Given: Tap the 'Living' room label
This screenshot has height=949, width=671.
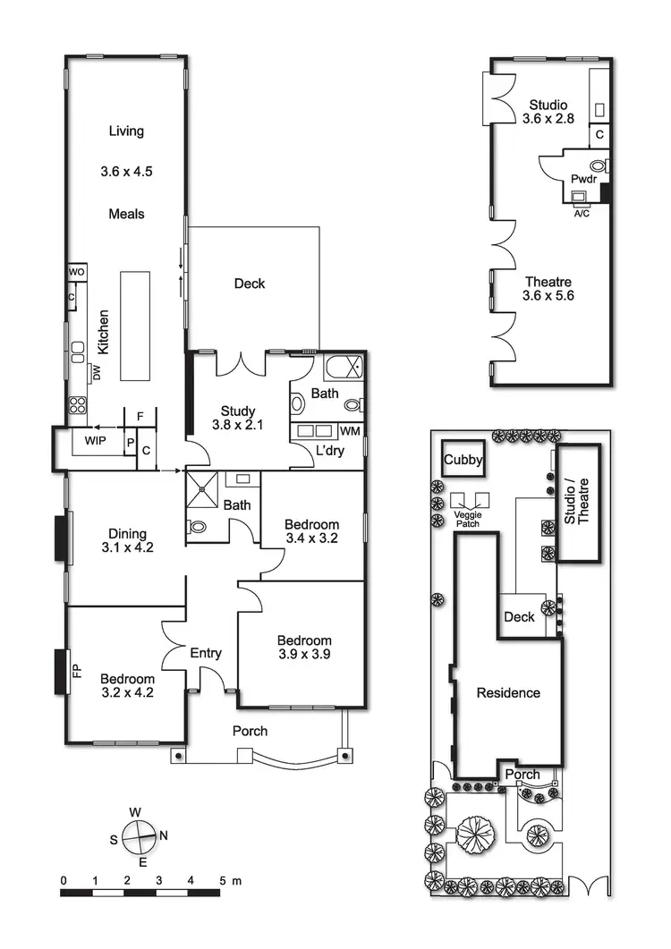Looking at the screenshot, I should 126,131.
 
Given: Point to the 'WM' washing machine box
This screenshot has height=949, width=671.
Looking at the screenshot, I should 352,432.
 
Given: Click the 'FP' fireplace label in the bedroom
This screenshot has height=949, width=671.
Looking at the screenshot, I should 76,671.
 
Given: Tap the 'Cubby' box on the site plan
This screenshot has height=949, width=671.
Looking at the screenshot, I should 463,461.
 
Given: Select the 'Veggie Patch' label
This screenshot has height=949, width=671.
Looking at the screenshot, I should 469,519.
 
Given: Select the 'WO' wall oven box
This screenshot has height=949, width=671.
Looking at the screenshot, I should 76,272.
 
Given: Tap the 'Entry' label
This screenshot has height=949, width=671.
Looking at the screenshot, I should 206,654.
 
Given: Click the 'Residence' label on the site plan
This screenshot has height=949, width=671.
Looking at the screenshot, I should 508,692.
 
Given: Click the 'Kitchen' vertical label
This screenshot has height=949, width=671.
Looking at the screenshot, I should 104,333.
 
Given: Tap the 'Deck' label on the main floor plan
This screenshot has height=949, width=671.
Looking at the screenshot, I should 250,284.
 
